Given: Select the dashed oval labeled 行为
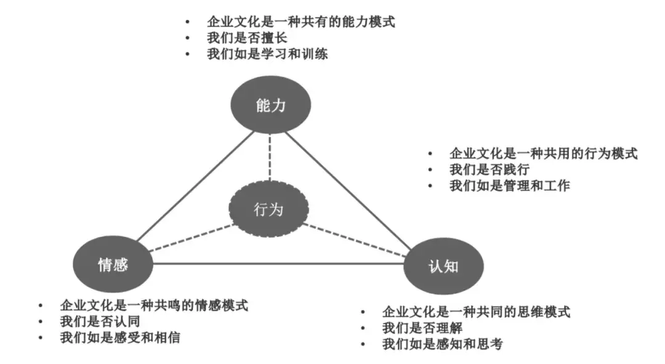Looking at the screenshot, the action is (x=268, y=209).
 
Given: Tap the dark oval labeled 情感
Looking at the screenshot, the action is (x=113, y=264).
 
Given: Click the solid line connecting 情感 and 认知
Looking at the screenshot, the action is (x=277, y=264).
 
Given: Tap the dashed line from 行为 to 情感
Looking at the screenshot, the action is (x=191, y=238).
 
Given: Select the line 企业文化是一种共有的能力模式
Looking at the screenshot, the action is (x=300, y=22).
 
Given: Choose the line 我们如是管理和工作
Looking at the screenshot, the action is (x=509, y=185).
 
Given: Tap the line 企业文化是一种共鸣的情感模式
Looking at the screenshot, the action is (x=154, y=305).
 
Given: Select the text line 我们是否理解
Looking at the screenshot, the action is (x=422, y=328).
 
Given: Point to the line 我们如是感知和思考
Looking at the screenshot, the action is (x=442, y=344).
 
